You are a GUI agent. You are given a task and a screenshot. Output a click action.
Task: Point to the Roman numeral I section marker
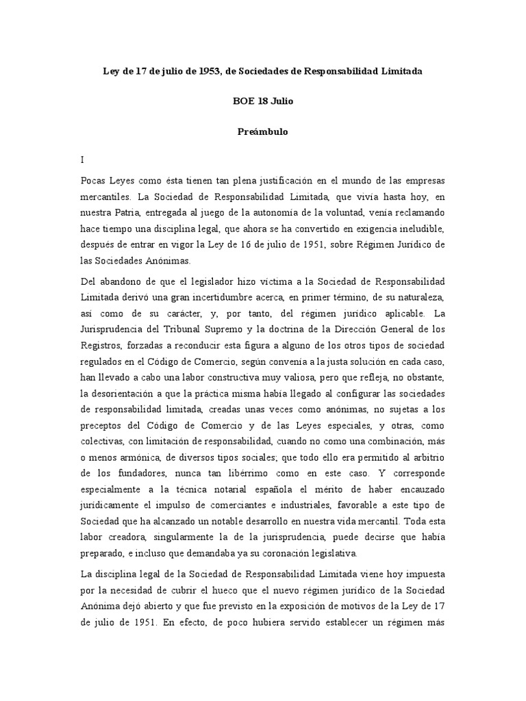tap(82, 160)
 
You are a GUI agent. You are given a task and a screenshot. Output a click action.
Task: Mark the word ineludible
tap(419, 228)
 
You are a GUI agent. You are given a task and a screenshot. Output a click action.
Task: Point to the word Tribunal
tap(162, 329)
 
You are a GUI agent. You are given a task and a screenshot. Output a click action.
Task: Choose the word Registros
tap(100, 345)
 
